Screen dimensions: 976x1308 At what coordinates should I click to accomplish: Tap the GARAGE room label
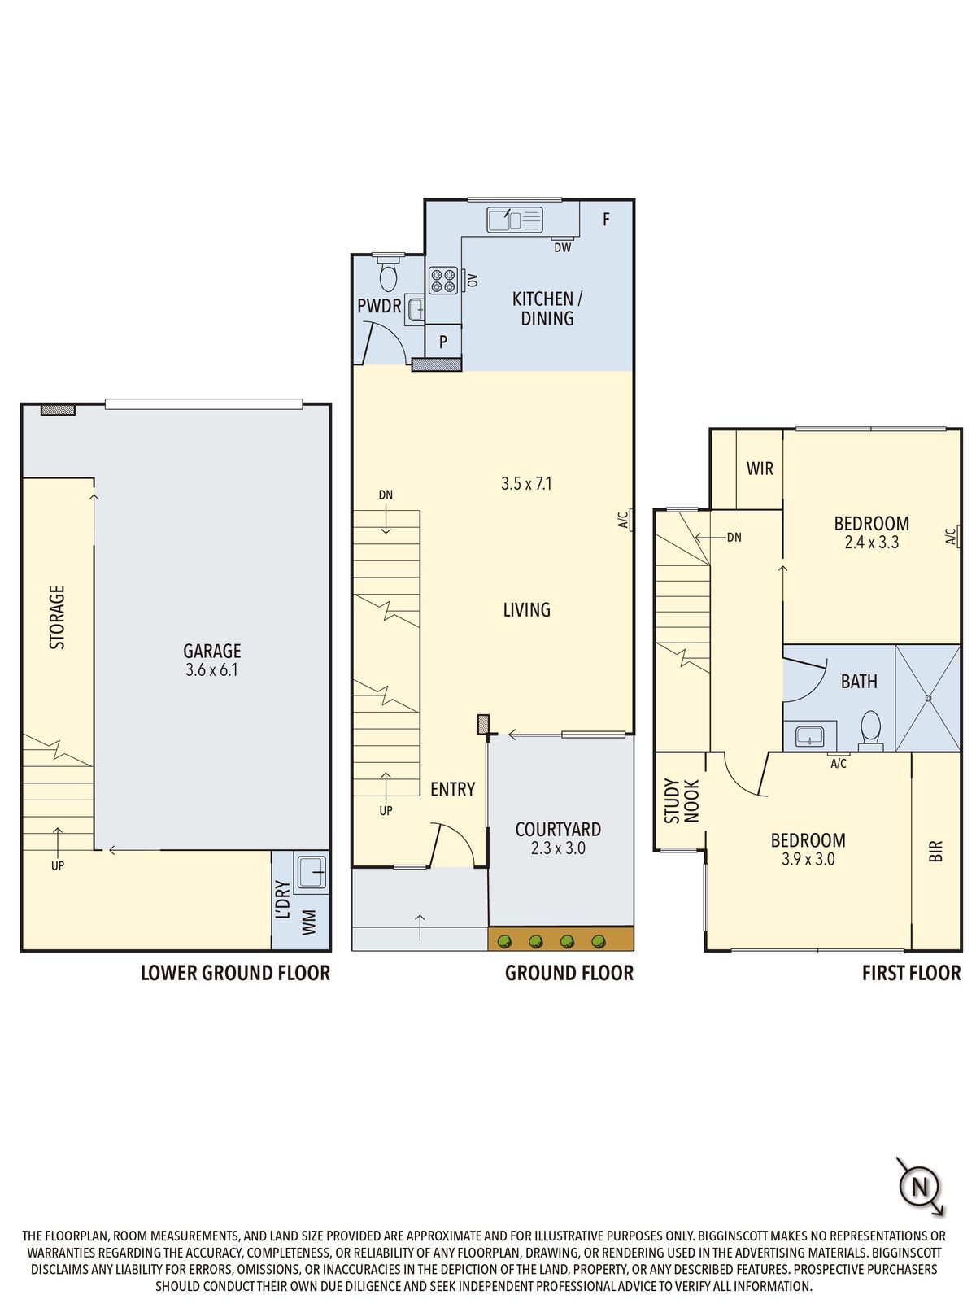tap(211, 650)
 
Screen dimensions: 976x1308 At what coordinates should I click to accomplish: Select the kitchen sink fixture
tap(514, 220)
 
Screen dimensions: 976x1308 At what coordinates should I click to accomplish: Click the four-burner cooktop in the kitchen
tap(442, 280)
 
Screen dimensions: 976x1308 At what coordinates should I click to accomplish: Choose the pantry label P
tap(442, 342)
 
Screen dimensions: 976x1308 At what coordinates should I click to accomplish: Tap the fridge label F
tap(606, 220)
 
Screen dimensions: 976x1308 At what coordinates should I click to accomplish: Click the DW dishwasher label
tap(563, 247)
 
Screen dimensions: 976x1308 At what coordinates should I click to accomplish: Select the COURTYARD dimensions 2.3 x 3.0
tap(558, 848)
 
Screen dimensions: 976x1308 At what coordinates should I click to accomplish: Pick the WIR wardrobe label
tap(760, 469)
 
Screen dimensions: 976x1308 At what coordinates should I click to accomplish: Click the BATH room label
tap(859, 681)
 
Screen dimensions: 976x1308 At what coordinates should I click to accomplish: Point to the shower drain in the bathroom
tap(928, 698)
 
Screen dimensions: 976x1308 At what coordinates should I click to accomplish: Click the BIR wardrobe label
tap(935, 851)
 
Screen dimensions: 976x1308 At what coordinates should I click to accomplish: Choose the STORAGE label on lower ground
tap(57, 617)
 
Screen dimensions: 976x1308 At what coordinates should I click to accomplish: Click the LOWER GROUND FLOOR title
tap(235, 973)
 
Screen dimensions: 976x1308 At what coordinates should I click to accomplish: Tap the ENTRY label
tap(453, 790)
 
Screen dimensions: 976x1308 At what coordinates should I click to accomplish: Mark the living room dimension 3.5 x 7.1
tap(527, 483)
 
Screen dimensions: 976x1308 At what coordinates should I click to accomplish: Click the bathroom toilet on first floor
tap(870, 730)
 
